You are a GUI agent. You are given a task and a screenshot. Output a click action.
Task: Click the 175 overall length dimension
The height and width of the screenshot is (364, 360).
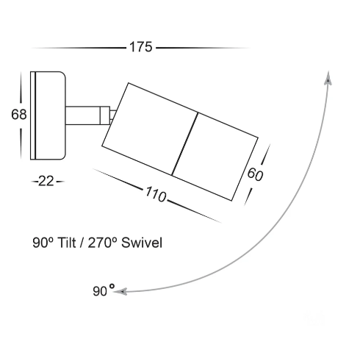141,47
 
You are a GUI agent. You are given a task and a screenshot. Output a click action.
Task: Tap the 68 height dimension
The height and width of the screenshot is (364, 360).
19,115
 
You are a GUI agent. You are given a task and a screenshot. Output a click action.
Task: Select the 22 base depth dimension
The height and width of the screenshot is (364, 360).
46,182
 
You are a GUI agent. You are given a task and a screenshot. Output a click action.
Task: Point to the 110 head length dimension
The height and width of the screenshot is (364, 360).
156,194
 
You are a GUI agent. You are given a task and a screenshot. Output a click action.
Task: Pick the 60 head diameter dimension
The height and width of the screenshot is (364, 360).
255,174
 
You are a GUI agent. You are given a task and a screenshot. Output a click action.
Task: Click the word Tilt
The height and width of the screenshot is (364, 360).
66,243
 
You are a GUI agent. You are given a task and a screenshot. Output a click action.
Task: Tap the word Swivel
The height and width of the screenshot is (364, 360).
142,243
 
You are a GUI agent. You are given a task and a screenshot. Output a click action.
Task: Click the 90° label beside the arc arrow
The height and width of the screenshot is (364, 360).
104,290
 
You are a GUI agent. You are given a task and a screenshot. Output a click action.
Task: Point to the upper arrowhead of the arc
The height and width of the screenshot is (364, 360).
328,78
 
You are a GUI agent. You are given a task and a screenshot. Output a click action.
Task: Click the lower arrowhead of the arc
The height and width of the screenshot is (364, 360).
120,292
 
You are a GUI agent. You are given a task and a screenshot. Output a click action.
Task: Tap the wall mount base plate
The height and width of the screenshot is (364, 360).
48,115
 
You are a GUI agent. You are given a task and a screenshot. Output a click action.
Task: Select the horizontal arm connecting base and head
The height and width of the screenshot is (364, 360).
83,115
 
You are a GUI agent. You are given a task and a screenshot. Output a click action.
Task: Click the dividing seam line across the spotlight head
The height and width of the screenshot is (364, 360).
185,144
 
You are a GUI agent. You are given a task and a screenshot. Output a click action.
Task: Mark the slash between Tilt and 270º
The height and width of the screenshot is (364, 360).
82,243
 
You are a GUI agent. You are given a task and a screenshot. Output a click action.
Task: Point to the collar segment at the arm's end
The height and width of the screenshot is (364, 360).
105,115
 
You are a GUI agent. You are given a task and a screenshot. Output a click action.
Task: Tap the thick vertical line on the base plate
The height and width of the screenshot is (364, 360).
35,115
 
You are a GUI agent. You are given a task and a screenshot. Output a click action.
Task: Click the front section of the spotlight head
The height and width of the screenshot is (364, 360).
215,157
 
